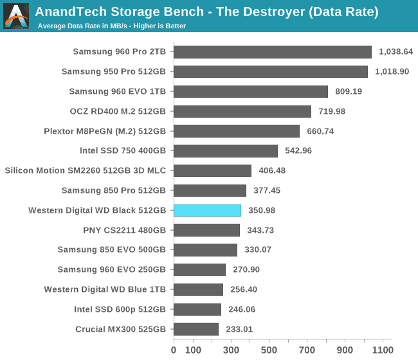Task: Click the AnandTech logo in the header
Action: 16,16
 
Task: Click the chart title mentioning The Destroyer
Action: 206,12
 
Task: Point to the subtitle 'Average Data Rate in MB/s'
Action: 112,26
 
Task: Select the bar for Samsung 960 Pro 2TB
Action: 272,52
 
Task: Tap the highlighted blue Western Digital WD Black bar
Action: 207,210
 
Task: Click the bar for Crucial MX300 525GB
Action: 196,329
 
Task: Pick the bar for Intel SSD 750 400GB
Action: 226,151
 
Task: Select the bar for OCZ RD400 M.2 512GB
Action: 242,111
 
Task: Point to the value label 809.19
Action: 348,92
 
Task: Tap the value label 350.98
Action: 263,210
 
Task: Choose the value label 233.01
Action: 241,329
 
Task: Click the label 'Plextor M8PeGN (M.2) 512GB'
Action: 105,131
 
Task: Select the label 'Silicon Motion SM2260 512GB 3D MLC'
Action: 85,171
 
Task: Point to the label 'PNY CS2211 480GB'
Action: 124,230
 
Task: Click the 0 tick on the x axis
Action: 174,350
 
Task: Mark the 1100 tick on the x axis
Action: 383,350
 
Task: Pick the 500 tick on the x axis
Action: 269,350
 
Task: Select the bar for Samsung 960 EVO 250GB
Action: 199,270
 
